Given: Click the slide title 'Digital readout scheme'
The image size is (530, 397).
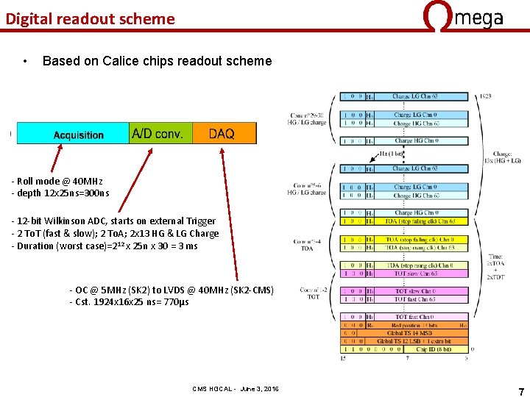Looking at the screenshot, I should click(x=90, y=19).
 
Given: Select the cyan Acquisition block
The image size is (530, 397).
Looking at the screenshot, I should click(x=73, y=134).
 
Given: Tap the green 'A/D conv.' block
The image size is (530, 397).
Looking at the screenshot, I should click(x=160, y=134).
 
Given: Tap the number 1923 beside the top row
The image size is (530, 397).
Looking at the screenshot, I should click(x=485, y=97).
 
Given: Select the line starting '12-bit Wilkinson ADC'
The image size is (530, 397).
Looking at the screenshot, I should click(x=115, y=221).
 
